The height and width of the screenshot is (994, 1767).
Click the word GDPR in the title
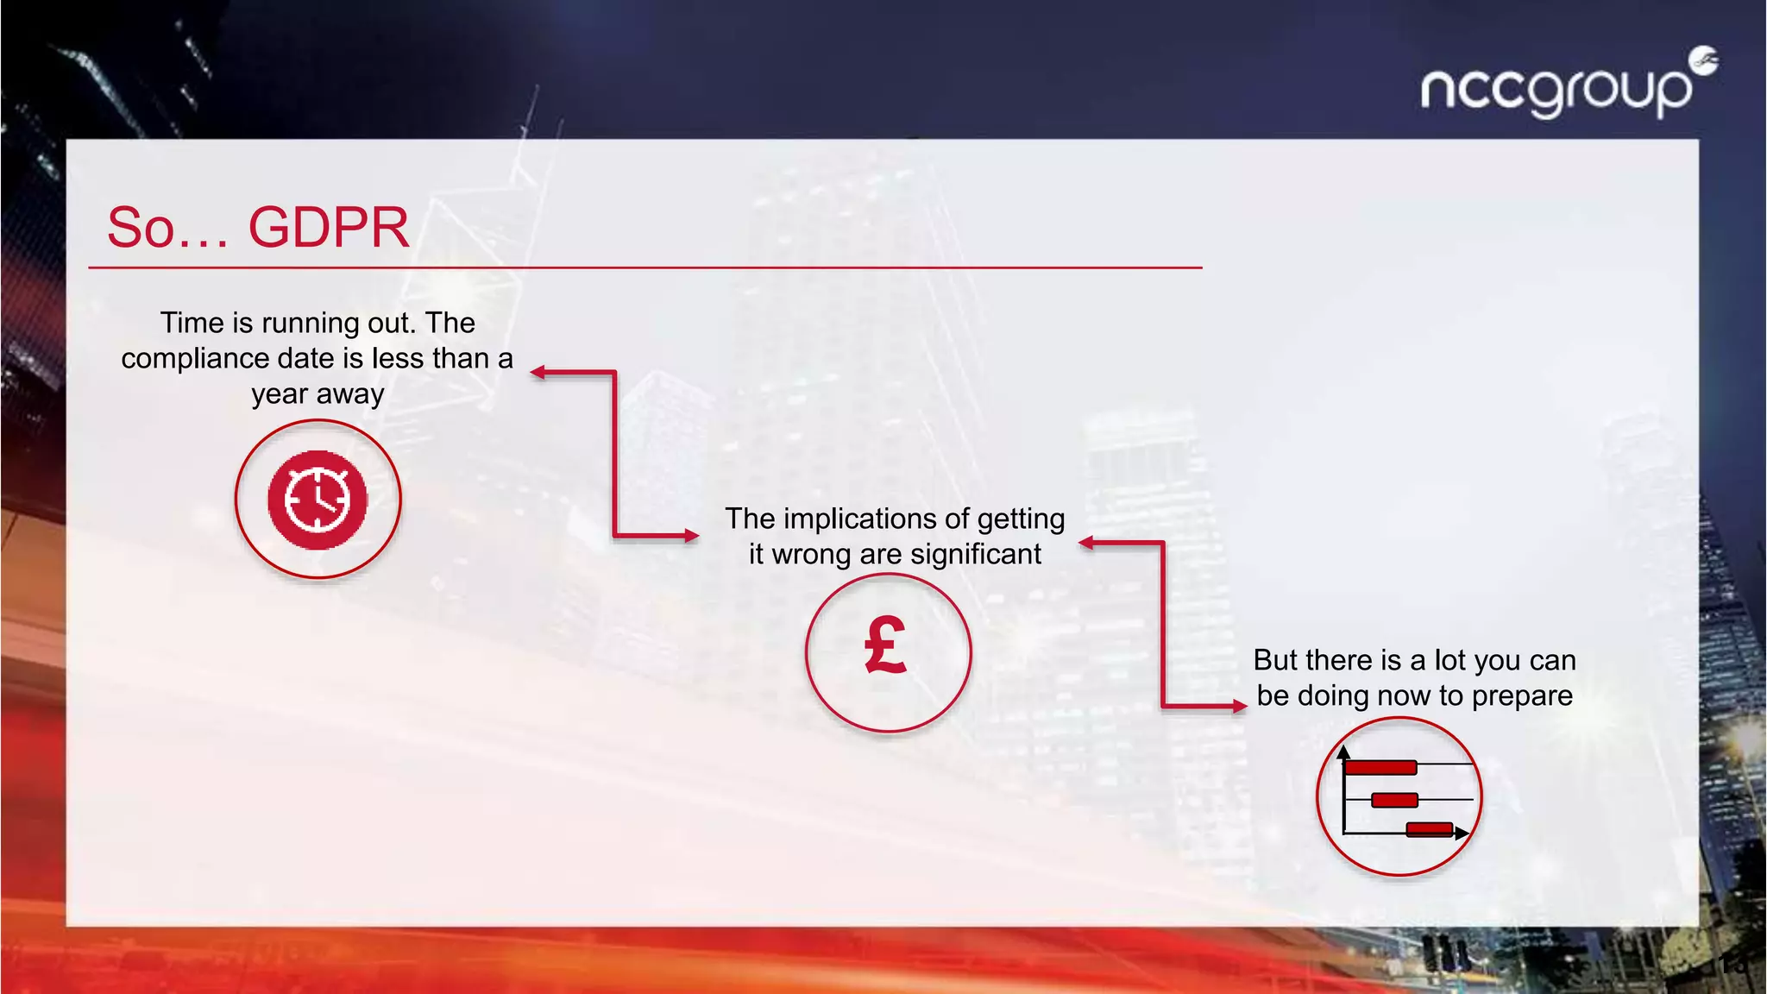pyautogui.click(x=329, y=228)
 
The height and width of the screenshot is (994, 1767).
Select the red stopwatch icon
pyautogui.click(x=318, y=500)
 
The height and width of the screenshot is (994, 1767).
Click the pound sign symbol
pyautogui.click(x=886, y=645)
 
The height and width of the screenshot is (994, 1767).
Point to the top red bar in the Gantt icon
pyautogui.click(x=1380, y=767)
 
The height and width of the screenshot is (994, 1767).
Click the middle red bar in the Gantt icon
pyautogui.click(x=1394, y=800)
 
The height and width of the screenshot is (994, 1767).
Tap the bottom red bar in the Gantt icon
pyautogui.click(x=1429, y=830)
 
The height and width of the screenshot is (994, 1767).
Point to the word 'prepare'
pyautogui.click(x=1522, y=695)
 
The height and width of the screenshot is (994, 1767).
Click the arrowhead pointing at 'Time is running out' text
pyautogui.click(x=538, y=373)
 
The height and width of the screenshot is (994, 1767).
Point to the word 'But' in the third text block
pyautogui.click(x=1276, y=660)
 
